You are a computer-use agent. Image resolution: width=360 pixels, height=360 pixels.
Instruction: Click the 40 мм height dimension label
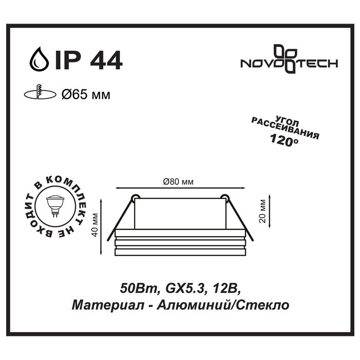coord(94,225)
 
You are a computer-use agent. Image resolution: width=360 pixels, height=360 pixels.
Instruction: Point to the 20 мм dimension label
coord(263,210)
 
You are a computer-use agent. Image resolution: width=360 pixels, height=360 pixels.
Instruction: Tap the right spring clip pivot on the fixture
coord(224,197)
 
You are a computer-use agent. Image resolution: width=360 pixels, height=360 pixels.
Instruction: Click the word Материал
coord(97,304)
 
